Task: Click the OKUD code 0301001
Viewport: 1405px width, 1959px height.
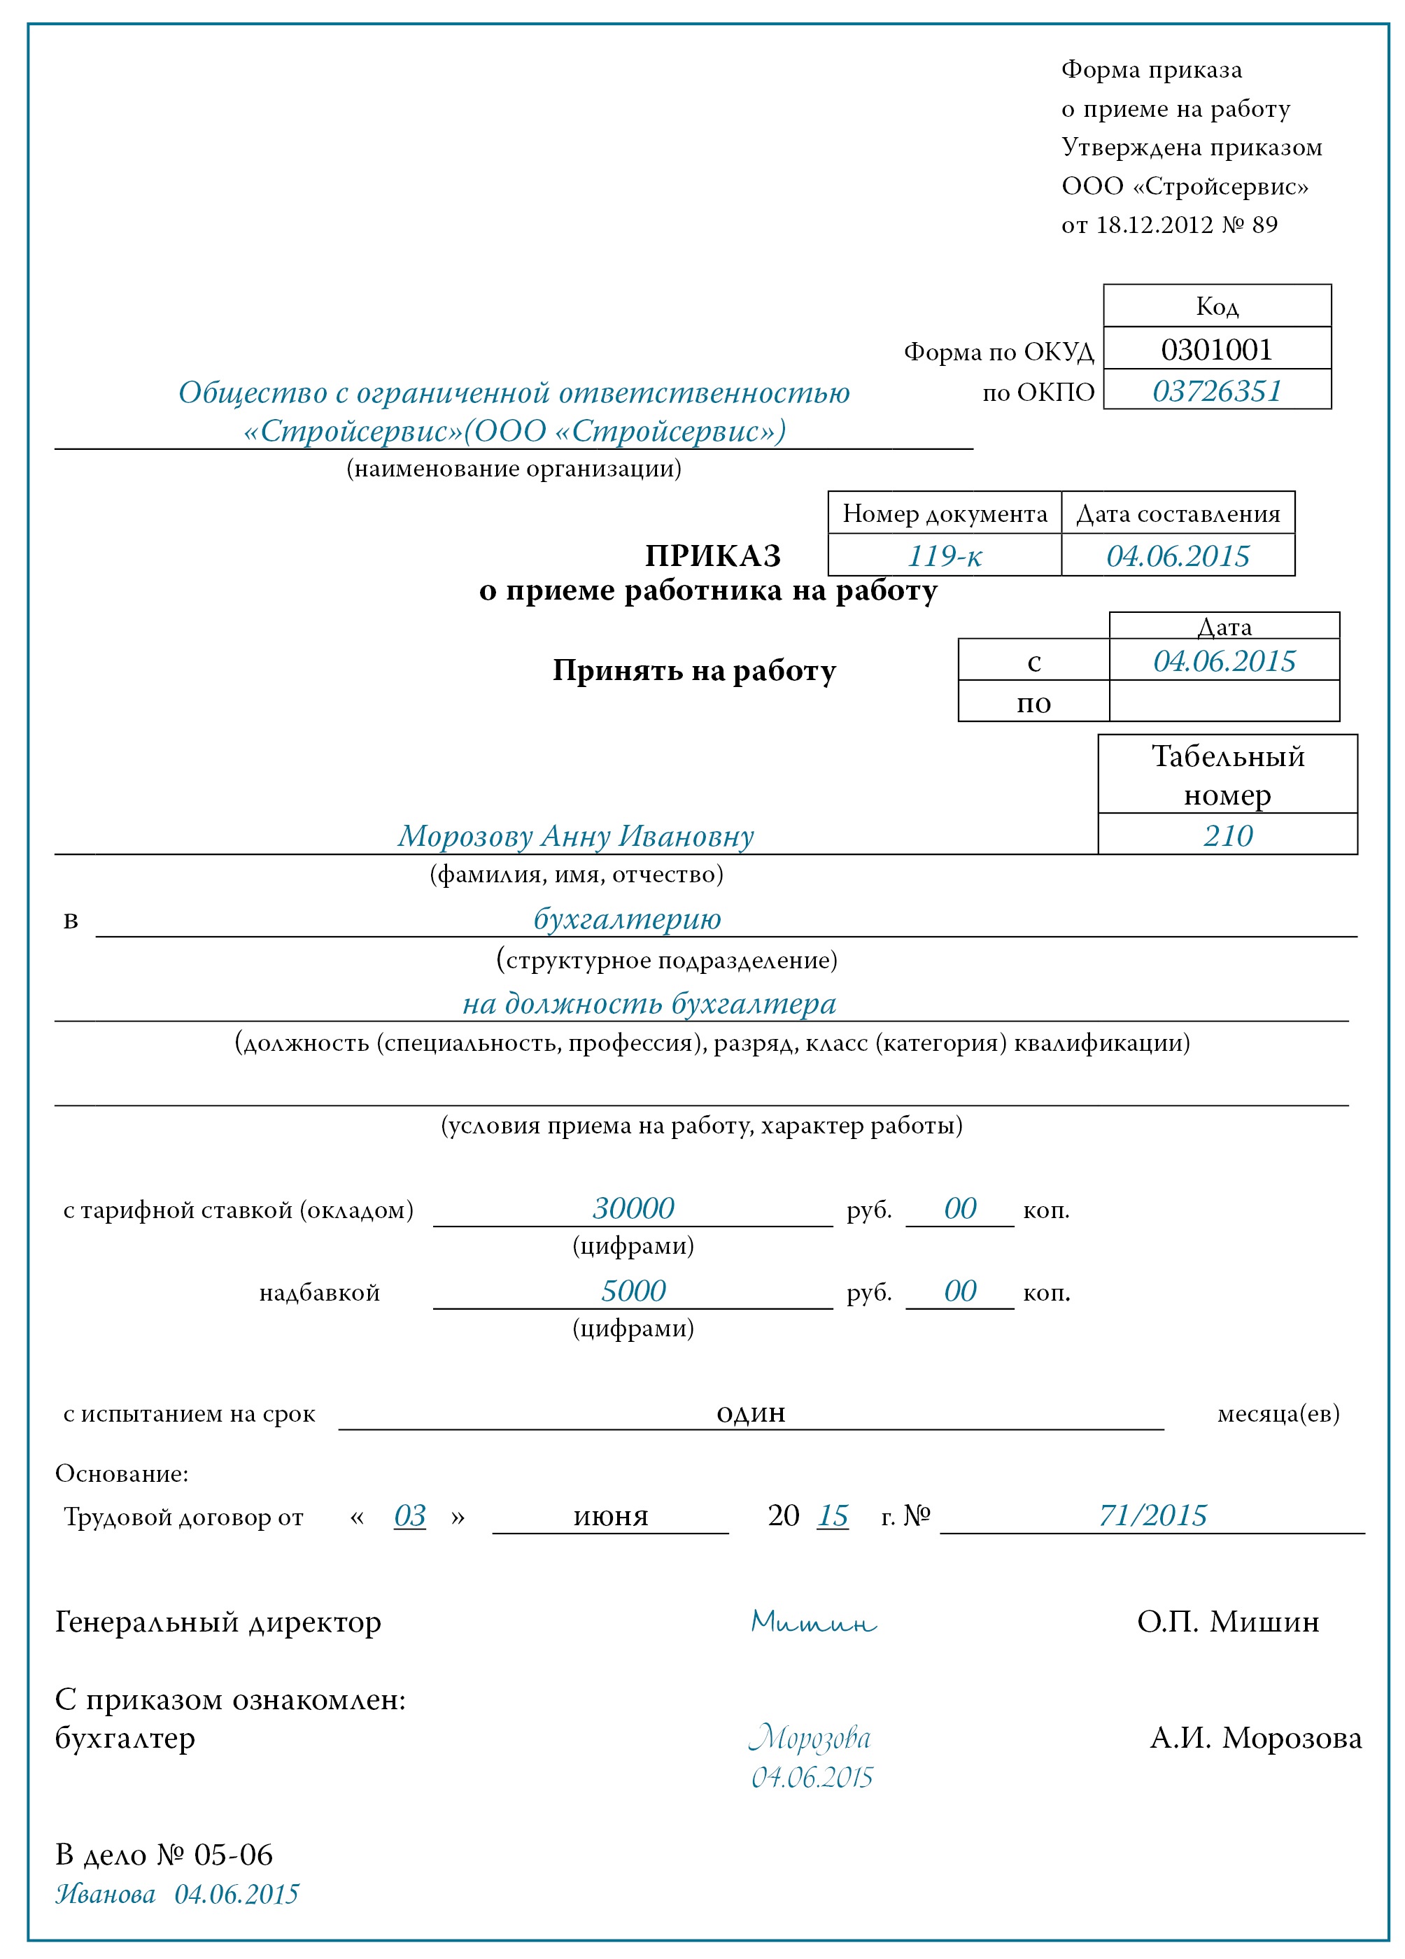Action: (x=1216, y=350)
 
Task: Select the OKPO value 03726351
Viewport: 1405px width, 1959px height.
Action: (x=1216, y=391)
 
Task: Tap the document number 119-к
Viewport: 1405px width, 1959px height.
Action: (x=944, y=556)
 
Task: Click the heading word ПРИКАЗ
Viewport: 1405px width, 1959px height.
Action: (x=712, y=556)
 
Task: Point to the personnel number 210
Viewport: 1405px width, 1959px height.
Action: (x=1227, y=835)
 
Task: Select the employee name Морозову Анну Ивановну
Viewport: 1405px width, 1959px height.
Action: (x=575, y=835)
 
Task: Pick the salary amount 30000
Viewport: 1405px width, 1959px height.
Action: (x=633, y=1208)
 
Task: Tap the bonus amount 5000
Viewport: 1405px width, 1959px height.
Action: (x=633, y=1290)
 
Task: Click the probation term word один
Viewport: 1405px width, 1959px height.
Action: (x=750, y=1413)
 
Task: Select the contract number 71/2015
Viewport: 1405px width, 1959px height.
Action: (x=1152, y=1515)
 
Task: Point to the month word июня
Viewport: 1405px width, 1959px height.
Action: (x=610, y=1517)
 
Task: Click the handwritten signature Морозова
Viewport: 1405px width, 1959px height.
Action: (x=810, y=1738)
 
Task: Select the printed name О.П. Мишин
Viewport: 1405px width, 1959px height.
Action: (x=1227, y=1621)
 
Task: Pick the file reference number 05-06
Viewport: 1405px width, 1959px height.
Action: (x=233, y=1855)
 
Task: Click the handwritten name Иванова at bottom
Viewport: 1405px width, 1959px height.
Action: (x=106, y=1894)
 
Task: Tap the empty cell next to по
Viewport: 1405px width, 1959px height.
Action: (x=1224, y=700)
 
